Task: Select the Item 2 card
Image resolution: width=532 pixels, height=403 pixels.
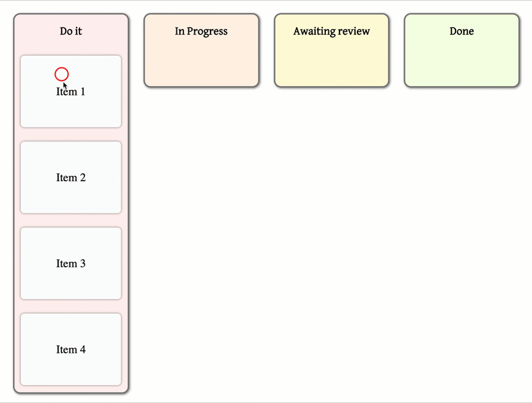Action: click(71, 178)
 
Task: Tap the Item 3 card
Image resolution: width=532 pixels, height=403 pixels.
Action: click(71, 264)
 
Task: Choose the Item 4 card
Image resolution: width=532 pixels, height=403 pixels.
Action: click(71, 350)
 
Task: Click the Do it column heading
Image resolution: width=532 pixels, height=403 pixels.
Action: click(71, 31)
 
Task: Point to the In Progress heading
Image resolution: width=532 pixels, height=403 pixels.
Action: click(201, 31)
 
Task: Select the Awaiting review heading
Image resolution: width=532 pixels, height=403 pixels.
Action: click(331, 31)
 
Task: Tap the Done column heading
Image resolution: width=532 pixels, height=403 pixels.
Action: click(461, 31)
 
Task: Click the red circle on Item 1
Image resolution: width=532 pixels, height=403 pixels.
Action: click(62, 74)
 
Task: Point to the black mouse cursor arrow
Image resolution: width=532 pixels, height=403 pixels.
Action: click(65, 86)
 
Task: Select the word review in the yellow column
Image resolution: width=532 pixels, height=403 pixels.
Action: click(355, 31)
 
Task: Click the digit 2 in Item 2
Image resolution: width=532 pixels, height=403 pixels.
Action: click(82, 178)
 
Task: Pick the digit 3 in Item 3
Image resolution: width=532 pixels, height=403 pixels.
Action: click(82, 264)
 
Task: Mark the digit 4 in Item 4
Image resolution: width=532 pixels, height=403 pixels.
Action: click(82, 350)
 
